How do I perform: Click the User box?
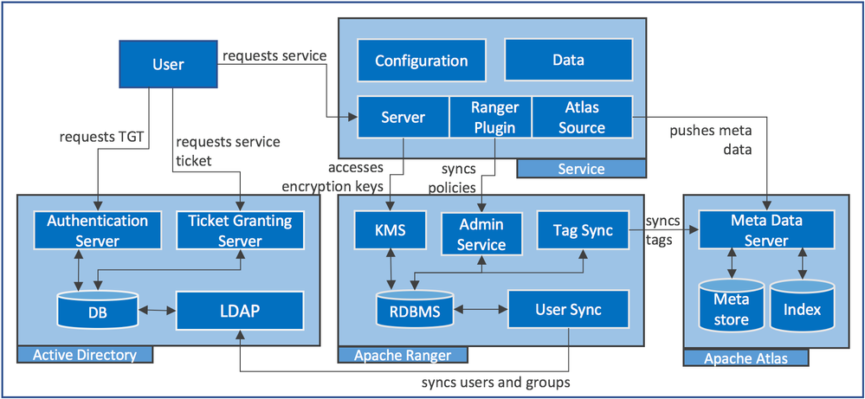[x=168, y=64]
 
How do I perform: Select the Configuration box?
[x=421, y=61]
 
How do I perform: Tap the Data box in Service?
[x=568, y=60]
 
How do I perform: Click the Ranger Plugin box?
[x=494, y=118]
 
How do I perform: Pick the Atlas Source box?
[x=582, y=118]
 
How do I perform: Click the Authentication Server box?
[x=97, y=230]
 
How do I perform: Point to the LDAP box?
[x=240, y=310]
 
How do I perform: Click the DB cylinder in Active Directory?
[x=98, y=310]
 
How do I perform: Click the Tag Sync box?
[x=583, y=230]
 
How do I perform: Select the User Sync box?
[x=568, y=310]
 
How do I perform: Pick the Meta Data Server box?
[x=766, y=230]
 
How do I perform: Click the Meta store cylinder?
[x=732, y=309]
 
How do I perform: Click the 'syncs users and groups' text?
[x=496, y=382]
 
